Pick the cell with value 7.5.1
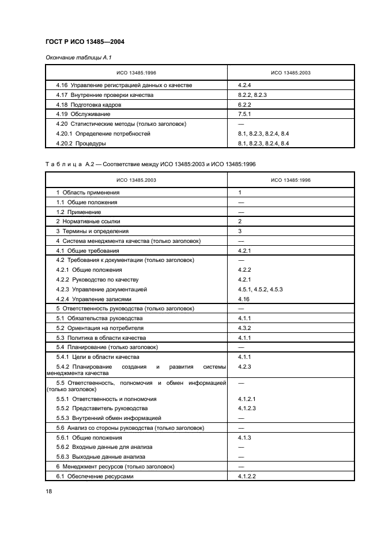(245, 114)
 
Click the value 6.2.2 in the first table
(245, 104)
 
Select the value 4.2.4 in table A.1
(245, 85)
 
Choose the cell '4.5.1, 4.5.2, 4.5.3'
(260, 289)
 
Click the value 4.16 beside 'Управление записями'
(243, 299)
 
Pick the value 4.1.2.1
(247, 398)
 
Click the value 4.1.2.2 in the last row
(247, 476)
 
